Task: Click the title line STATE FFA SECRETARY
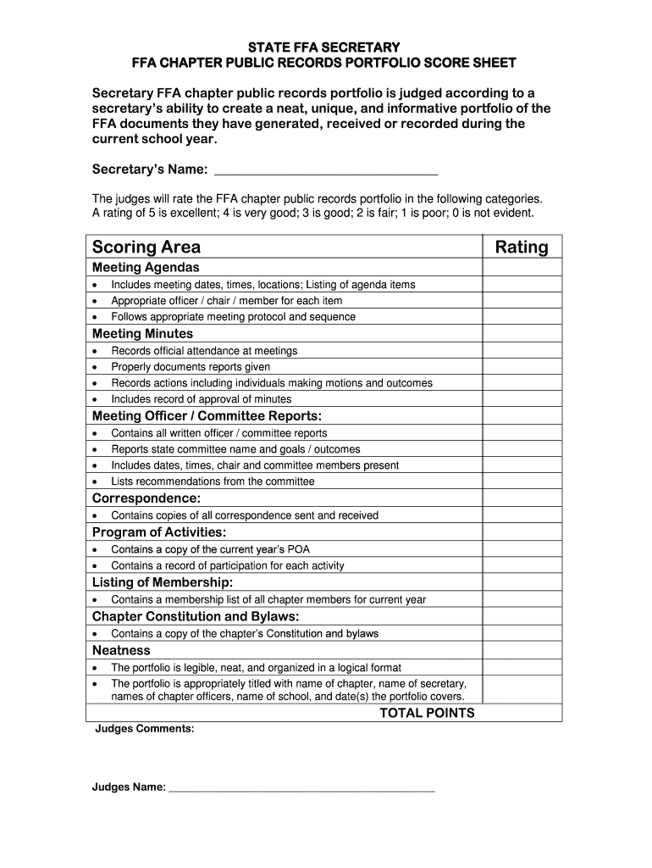(325, 47)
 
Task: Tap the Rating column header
(522, 247)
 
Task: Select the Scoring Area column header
(146, 247)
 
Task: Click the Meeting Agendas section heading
(140, 268)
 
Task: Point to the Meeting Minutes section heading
(142, 334)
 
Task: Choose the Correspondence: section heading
(146, 498)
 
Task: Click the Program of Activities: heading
(159, 532)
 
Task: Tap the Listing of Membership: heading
(162, 582)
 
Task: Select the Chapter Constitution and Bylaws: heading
(196, 616)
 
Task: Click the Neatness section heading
(121, 650)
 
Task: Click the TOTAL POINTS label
(427, 713)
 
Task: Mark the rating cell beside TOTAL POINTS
(522, 713)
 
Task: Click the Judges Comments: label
(145, 728)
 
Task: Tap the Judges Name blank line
(301, 787)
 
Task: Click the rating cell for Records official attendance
(522, 350)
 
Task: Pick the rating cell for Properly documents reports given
(522, 366)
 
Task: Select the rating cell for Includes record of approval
(522, 398)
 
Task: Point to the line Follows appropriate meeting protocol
(233, 317)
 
